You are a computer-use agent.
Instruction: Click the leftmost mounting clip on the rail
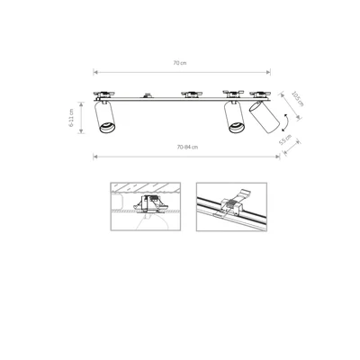coord(109,93)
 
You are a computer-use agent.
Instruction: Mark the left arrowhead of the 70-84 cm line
coord(94,155)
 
